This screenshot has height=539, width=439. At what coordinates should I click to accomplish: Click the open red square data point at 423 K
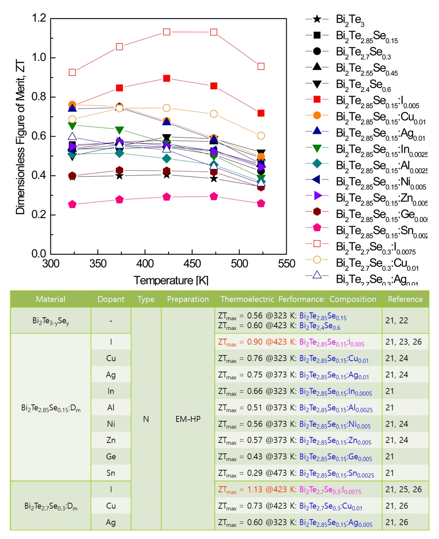click(167, 32)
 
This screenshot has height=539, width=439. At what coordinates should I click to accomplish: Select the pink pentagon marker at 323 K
click(72, 204)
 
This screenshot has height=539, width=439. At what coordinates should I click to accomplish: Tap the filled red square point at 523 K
click(261, 113)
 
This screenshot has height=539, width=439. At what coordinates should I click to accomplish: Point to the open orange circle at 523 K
click(261, 136)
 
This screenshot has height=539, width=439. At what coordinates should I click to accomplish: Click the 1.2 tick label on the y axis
click(39, 18)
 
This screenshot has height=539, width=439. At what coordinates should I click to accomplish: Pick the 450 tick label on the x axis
click(192, 264)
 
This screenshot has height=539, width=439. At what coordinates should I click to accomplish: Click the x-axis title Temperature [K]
click(171, 280)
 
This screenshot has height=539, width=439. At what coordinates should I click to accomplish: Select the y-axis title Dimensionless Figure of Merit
click(20, 137)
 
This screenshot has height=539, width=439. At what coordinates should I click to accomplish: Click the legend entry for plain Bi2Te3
click(350, 19)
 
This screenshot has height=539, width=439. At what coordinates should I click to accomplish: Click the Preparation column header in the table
click(188, 299)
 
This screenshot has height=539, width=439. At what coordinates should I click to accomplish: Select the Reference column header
click(405, 299)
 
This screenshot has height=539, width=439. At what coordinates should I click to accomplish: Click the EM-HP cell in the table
click(188, 419)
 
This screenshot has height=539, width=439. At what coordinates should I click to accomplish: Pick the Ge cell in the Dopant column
click(111, 456)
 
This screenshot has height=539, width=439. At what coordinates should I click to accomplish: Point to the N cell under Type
click(146, 419)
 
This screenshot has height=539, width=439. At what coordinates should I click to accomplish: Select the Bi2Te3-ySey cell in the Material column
click(51, 321)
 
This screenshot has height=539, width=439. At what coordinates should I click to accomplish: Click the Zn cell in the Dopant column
click(111, 440)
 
